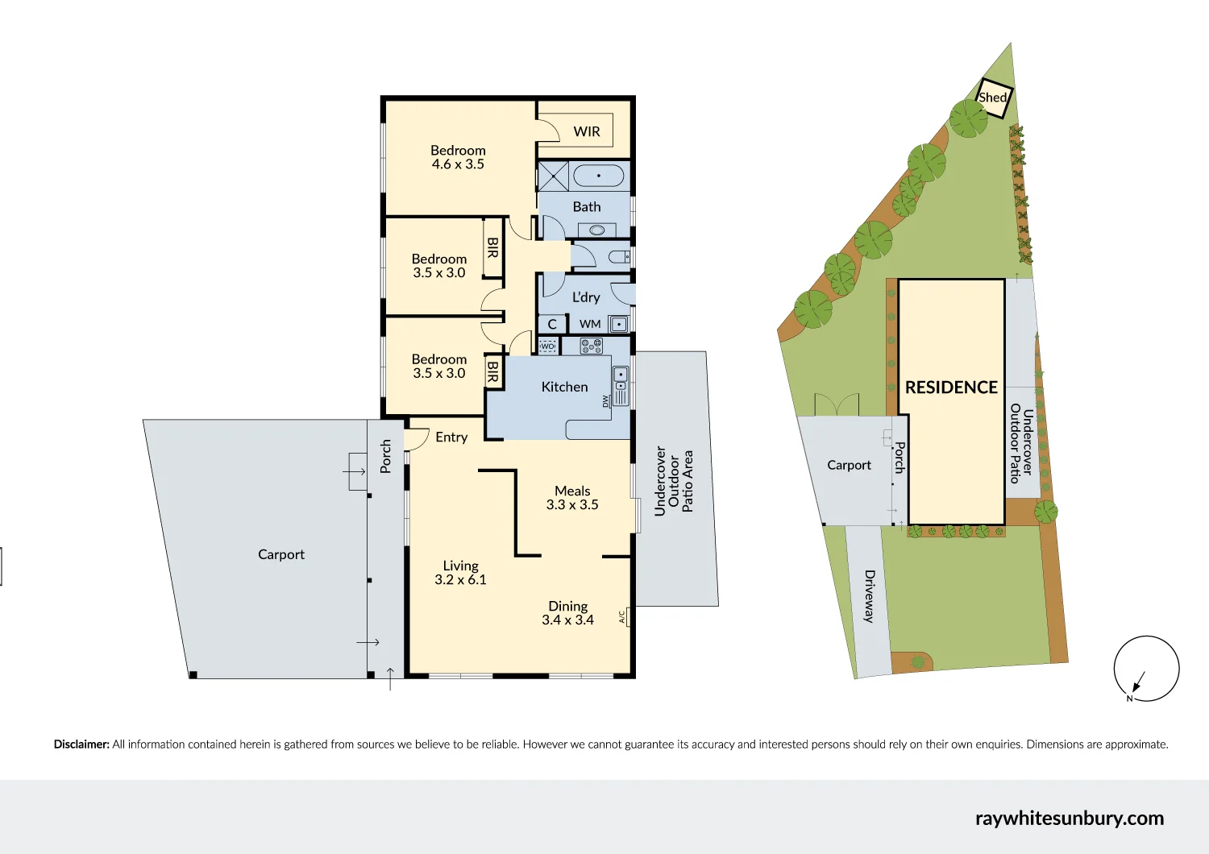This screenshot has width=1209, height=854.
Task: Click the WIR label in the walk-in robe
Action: click(x=587, y=131)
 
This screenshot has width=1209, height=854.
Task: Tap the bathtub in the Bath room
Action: click(x=598, y=176)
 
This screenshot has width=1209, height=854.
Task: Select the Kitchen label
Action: click(x=564, y=387)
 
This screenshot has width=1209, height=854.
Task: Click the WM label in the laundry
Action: click(x=590, y=324)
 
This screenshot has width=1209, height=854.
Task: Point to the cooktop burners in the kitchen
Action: click(x=592, y=346)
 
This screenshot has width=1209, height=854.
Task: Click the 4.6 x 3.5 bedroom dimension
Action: click(x=458, y=164)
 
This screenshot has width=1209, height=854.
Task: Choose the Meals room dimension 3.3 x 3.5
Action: click(x=572, y=505)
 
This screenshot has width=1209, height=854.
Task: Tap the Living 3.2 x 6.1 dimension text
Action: click(x=460, y=580)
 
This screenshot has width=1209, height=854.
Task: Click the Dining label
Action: click(x=567, y=606)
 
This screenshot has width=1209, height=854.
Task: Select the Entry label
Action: click(x=451, y=437)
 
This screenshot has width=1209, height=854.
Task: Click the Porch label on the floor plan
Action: click(x=386, y=456)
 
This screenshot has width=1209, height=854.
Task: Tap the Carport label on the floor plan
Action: click(x=281, y=554)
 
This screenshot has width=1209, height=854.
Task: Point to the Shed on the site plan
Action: click(x=994, y=97)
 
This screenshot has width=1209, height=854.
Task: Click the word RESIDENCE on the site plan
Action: click(x=951, y=388)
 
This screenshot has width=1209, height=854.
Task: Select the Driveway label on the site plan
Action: click(x=869, y=596)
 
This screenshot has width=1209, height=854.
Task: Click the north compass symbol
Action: click(x=1145, y=669)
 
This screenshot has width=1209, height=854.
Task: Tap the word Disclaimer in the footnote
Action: click(x=81, y=744)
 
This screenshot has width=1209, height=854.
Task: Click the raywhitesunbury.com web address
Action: click(x=1069, y=819)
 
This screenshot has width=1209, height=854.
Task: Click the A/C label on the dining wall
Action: click(x=621, y=617)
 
